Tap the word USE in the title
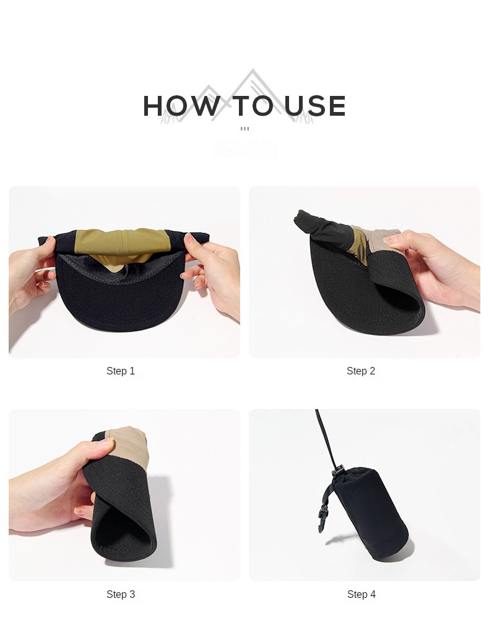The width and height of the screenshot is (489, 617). (315, 106)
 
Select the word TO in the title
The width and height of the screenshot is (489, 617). (253, 106)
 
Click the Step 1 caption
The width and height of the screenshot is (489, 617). (121, 371)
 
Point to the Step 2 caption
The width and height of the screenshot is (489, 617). (361, 371)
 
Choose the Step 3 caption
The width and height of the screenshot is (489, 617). (121, 595)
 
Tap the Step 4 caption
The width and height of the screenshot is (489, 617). (361, 595)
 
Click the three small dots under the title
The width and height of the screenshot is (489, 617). (244, 129)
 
